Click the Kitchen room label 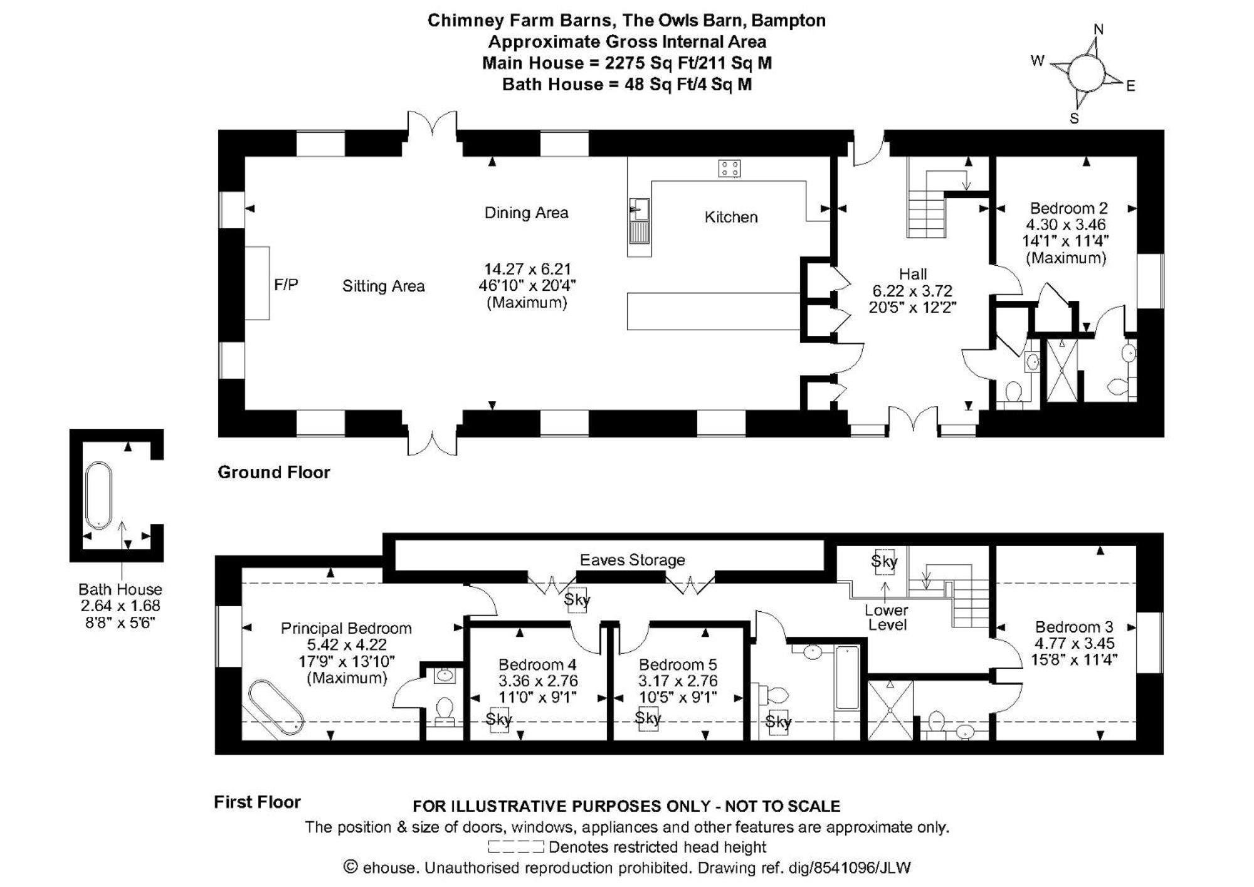(731, 217)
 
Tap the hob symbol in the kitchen (729, 168)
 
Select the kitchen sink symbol (639, 221)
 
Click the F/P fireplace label (286, 285)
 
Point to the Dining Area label (526, 213)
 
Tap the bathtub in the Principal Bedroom (276, 708)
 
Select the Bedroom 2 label (1068, 208)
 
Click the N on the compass (1099, 29)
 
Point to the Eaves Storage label (632, 560)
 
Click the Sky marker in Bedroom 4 (499, 720)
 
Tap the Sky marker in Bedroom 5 (648, 718)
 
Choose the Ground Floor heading (273, 472)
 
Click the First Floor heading (257, 802)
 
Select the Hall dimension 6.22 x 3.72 (912, 291)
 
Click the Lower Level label (887, 617)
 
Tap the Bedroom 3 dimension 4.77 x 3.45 (1074, 643)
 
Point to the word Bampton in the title (788, 21)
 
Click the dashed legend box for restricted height (515, 848)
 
